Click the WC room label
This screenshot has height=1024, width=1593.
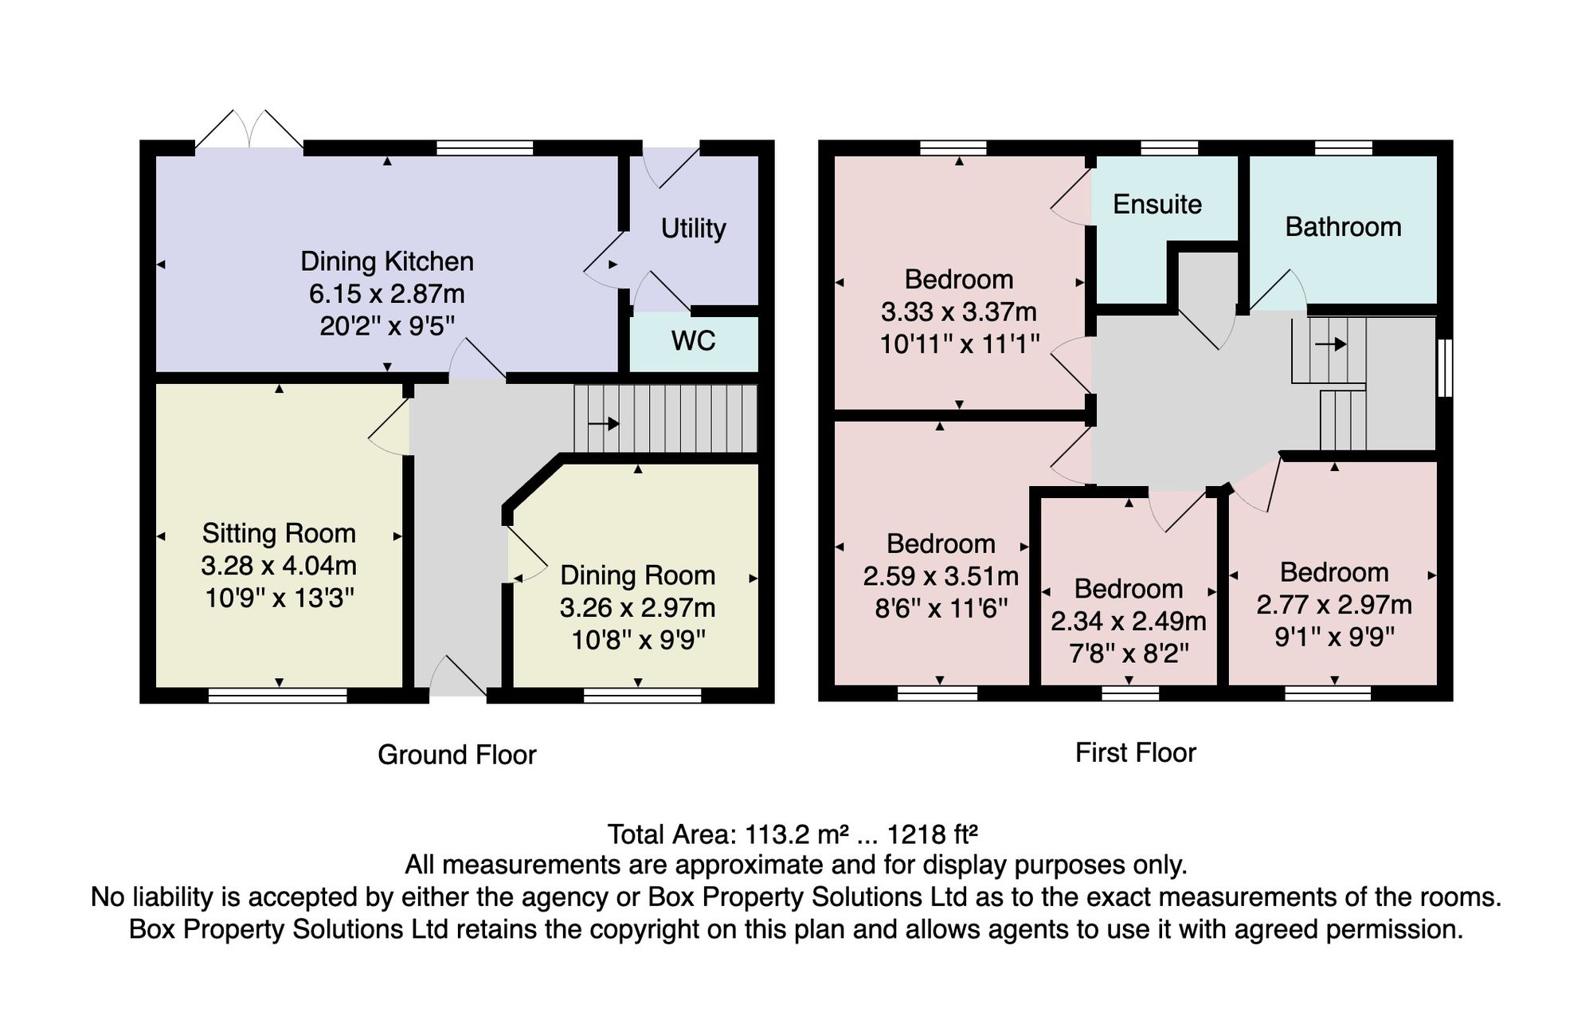pos(693,341)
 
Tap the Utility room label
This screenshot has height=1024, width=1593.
pos(693,229)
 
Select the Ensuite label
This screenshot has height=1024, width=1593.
pos(1157,205)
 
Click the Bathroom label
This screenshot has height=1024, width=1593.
pos(1343,227)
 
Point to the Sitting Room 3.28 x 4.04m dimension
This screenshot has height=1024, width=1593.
pos(278,566)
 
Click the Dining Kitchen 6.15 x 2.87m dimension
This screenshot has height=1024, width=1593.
pos(386,294)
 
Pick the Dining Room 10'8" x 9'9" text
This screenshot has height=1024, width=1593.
pos(638,640)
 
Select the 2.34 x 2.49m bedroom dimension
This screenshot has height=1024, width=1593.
pos(1128,621)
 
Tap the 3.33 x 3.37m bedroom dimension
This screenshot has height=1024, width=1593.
pos(959,312)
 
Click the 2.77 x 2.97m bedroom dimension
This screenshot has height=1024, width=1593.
pos(1334,605)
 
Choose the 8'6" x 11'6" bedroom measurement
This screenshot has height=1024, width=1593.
pos(941,609)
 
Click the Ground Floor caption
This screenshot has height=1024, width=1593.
pos(456,755)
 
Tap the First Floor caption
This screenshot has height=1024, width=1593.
pos(1136,752)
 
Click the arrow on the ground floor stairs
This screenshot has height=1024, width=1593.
pos(604,423)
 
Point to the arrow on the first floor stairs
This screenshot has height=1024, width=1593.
pos(1330,344)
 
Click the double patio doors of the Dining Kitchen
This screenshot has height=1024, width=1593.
pos(249,129)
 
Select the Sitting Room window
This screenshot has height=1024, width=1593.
pos(278,696)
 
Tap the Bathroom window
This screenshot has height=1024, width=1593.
pos(1343,147)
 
